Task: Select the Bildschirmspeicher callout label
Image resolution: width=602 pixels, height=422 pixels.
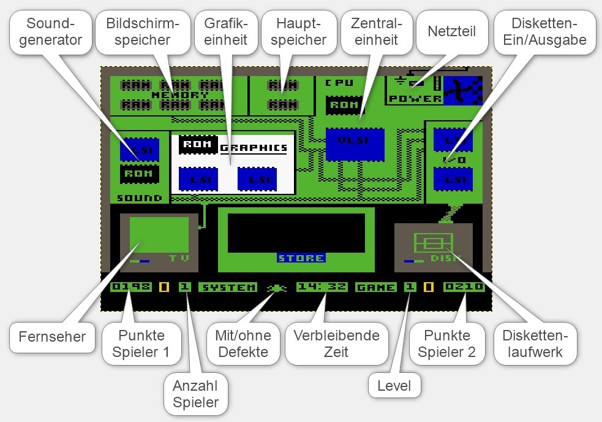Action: (142, 33)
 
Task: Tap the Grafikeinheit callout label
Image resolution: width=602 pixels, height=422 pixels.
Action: (227, 33)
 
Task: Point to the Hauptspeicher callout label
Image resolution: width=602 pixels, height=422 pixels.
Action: (300, 33)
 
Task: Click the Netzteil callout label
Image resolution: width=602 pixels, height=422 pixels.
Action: (451, 31)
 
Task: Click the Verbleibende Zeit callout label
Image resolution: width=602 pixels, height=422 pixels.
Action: (336, 343)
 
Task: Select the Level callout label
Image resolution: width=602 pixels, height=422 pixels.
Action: (394, 386)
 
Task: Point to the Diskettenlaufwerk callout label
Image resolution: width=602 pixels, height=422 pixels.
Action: (535, 343)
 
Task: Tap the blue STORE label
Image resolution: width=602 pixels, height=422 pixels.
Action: (301, 258)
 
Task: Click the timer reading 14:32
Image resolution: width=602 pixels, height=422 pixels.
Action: (322, 286)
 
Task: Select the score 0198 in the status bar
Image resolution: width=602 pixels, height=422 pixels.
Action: (131, 286)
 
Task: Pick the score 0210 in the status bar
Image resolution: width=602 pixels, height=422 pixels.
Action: (464, 286)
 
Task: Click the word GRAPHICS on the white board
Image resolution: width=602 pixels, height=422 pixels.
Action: (254, 148)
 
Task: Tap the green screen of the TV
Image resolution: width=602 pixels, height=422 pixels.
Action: (159, 236)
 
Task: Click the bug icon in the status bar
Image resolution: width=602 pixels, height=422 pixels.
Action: (276, 287)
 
